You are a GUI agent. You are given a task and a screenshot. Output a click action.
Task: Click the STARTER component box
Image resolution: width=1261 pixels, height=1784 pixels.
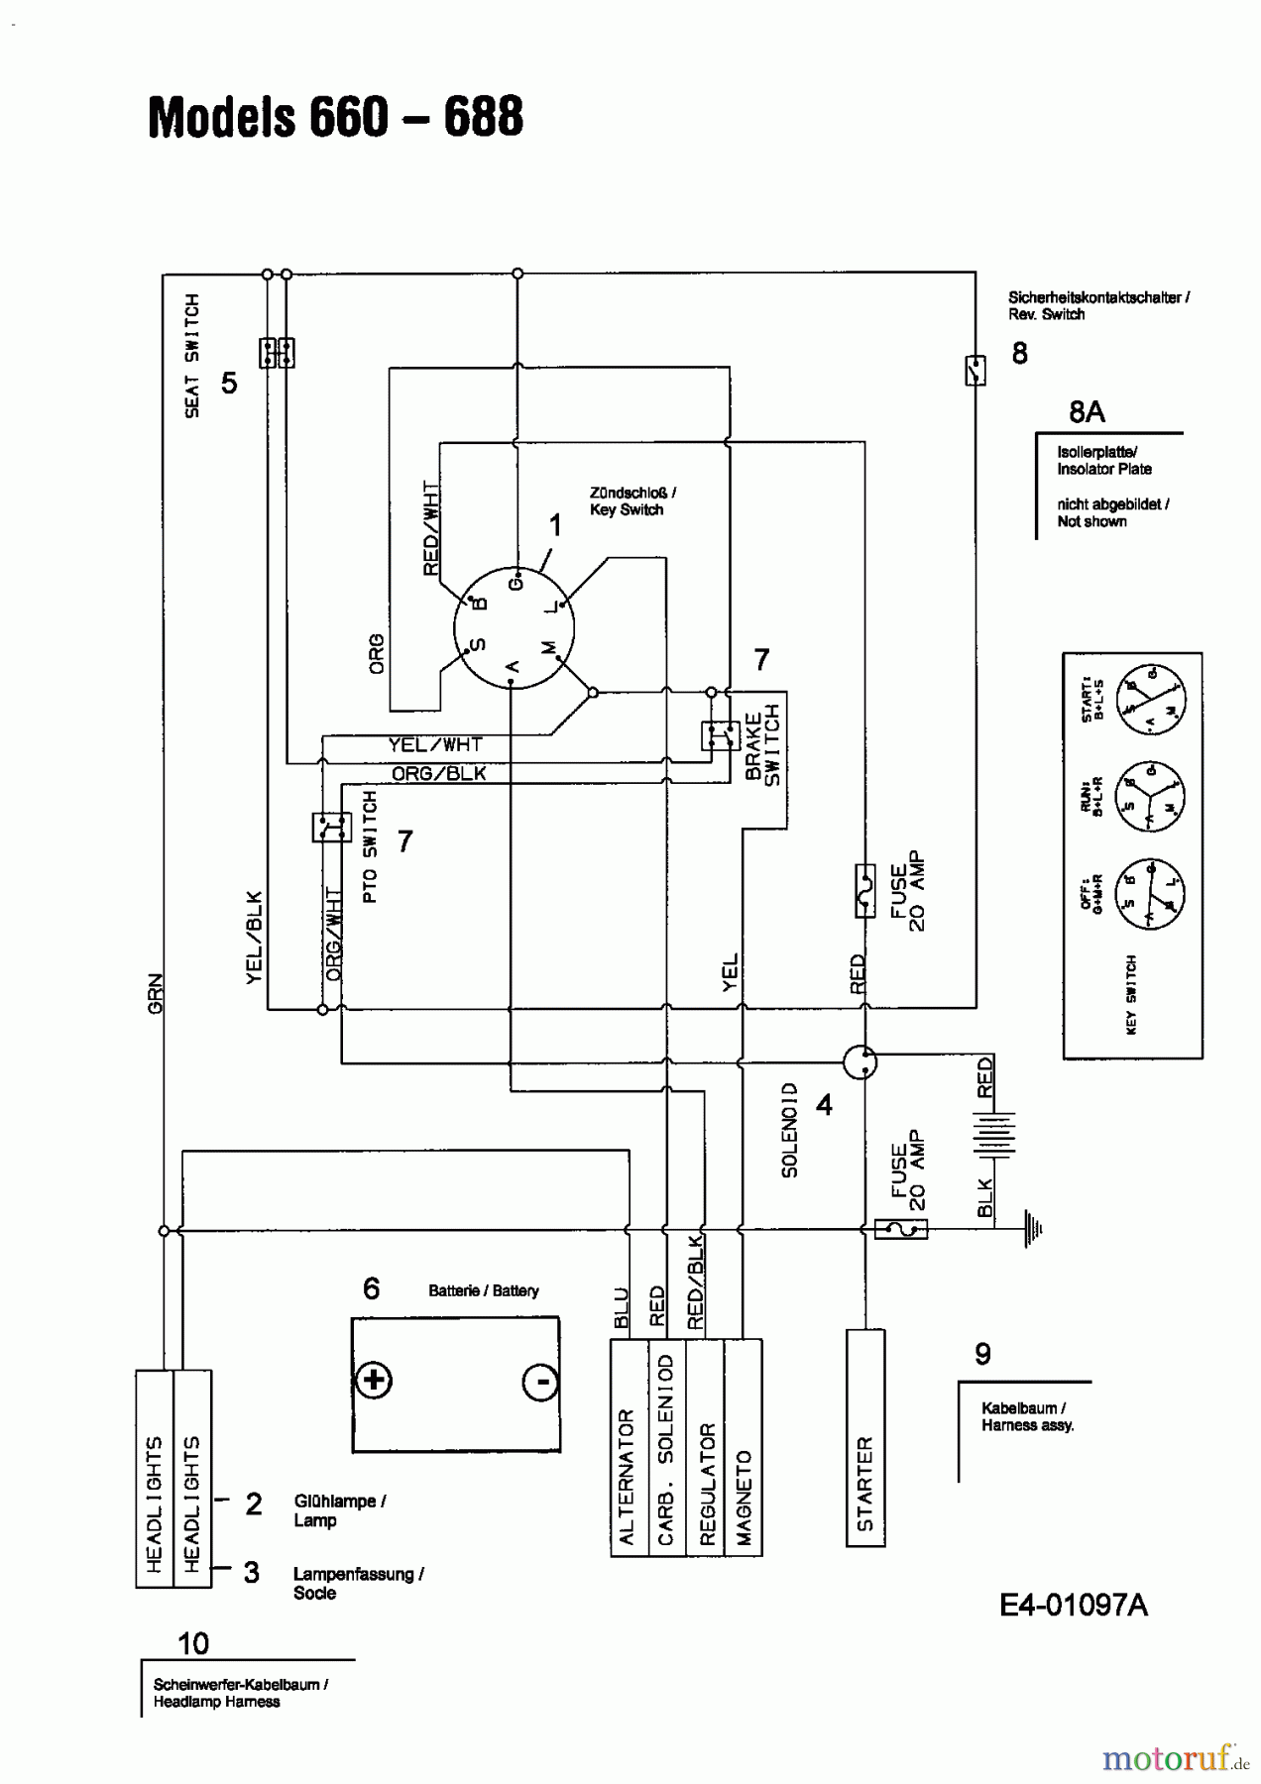click(x=864, y=1437)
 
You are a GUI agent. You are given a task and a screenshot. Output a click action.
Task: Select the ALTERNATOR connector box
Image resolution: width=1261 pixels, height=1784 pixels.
click(x=629, y=1448)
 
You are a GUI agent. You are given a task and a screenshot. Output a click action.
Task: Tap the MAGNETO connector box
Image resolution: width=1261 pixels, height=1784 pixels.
click(x=743, y=1448)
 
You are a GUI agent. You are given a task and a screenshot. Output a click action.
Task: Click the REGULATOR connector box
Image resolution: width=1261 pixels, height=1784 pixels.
click(x=705, y=1448)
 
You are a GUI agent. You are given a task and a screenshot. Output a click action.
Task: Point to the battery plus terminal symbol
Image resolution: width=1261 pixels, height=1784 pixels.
click(x=374, y=1381)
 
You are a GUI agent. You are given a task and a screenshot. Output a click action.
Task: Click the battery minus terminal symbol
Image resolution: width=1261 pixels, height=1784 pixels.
click(x=540, y=1382)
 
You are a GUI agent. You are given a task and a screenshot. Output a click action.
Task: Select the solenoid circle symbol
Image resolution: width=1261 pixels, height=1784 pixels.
click(x=860, y=1062)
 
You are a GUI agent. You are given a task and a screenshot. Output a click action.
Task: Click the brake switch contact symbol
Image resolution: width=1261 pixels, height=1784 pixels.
click(x=720, y=736)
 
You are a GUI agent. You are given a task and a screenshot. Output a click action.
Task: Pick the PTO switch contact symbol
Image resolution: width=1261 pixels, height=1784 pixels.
click(x=331, y=827)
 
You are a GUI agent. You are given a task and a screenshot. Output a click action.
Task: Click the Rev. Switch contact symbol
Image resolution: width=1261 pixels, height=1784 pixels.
click(x=975, y=371)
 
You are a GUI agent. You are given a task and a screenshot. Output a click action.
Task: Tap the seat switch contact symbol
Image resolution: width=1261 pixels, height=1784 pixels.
click(x=277, y=353)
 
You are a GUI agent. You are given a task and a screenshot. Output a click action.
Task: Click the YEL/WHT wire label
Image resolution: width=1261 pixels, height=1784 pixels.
click(x=434, y=744)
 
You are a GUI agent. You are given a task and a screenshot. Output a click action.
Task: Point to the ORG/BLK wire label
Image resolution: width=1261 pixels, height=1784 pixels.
click(x=438, y=773)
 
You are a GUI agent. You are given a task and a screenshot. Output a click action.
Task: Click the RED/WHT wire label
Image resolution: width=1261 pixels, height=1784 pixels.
click(x=431, y=528)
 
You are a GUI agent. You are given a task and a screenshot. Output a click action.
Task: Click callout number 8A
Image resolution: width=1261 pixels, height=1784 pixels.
click(x=1087, y=412)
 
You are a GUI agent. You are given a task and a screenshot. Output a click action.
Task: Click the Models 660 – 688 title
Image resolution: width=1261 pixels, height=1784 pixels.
click(x=335, y=117)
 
